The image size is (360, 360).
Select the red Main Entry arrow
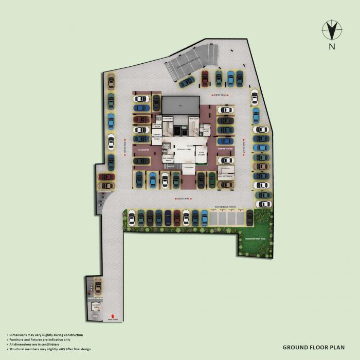tap(113, 316)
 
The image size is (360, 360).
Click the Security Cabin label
tap(96, 307)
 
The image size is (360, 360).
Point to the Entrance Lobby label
tap(183, 149)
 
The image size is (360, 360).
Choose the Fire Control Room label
tap(168, 159)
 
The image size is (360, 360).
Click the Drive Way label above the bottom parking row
tap(184, 197)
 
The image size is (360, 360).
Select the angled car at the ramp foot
tap(186, 81)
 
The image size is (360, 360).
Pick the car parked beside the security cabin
tap(97, 286)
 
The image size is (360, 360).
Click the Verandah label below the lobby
tap(188, 167)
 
